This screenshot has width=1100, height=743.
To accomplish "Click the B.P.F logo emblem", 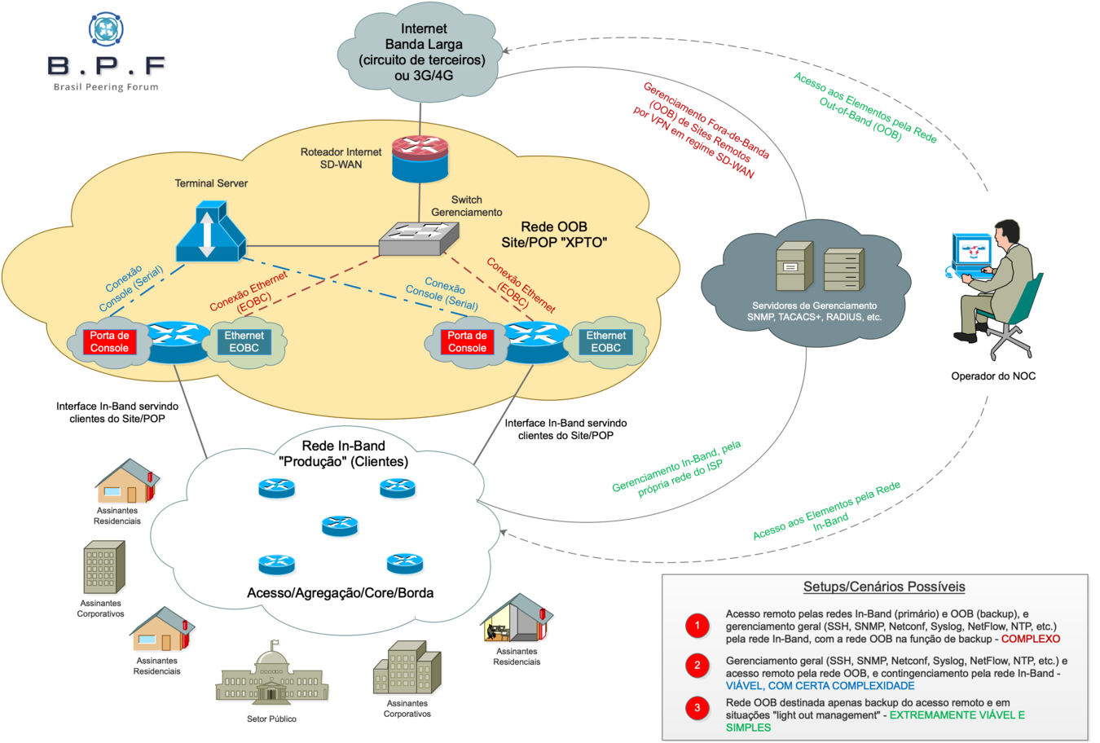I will [x=106, y=29].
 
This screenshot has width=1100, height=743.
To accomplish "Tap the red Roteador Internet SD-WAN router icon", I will [x=420, y=157].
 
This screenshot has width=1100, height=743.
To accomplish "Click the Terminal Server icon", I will [x=210, y=231].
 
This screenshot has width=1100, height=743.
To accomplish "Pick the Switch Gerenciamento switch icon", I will [x=419, y=237].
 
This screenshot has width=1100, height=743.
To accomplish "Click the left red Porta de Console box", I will [x=109, y=342].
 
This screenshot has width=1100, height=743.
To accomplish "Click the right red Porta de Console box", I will [x=467, y=342].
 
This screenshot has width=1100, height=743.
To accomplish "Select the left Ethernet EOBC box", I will [x=244, y=342].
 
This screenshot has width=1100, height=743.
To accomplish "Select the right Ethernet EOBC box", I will [x=606, y=342].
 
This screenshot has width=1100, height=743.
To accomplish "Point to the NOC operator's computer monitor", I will [x=972, y=253].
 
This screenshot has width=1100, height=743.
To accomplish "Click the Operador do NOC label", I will [x=992, y=376].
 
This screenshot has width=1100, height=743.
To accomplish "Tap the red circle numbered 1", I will [x=697, y=626].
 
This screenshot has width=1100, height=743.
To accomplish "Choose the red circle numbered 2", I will [x=697, y=666].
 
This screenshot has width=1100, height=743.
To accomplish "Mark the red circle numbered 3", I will [x=697, y=707].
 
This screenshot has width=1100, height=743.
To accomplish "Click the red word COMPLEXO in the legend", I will [x=1031, y=640].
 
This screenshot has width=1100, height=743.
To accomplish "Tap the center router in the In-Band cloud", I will [x=340, y=525].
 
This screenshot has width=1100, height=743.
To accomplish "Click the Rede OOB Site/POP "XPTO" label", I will [x=554, y=235].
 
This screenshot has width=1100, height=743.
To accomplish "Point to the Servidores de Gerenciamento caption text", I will [x=814, y=311].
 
